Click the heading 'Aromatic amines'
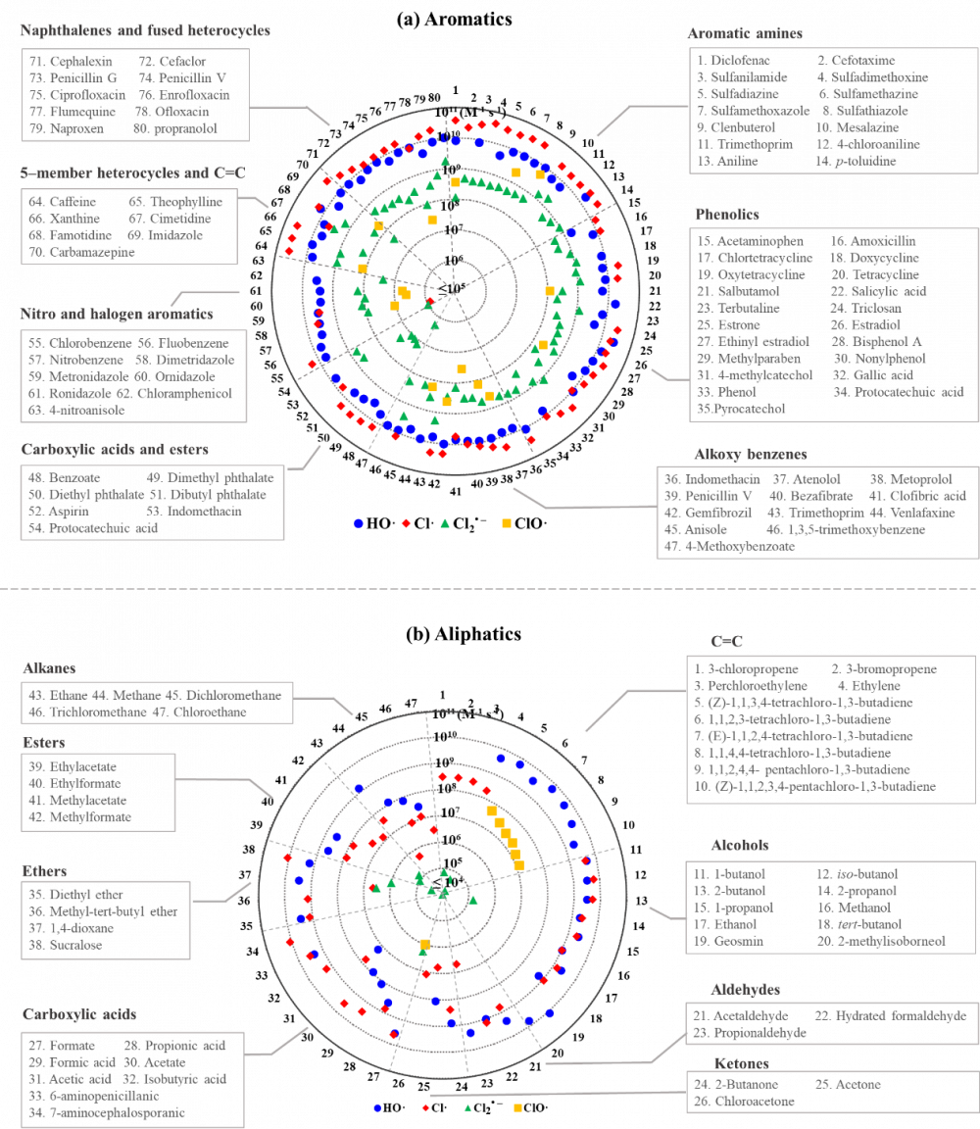(x=745, y=33)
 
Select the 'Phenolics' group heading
(x=728, y=215)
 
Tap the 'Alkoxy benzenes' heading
(x=750, y=455)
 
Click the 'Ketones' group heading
(x=741, y=1063)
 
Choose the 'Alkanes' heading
(x=49, y=668)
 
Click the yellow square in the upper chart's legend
(x=507, y=523)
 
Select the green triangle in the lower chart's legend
(x=467, y=1107)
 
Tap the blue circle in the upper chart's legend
(x=359, y=523)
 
